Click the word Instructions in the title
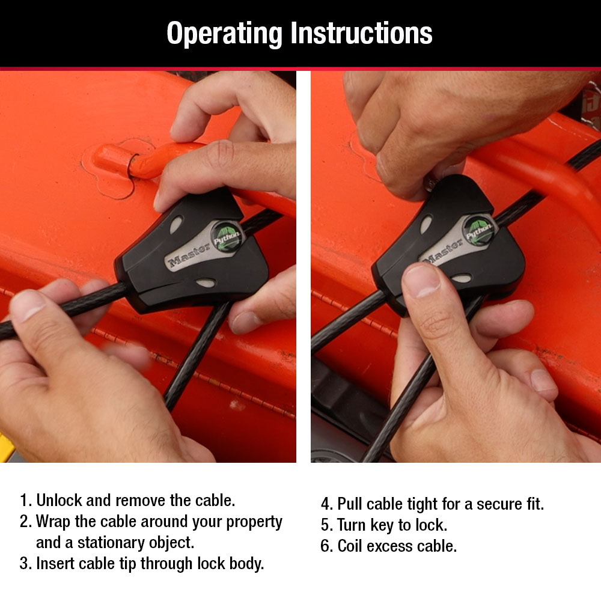[361, 33]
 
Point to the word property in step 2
[254, 522]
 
